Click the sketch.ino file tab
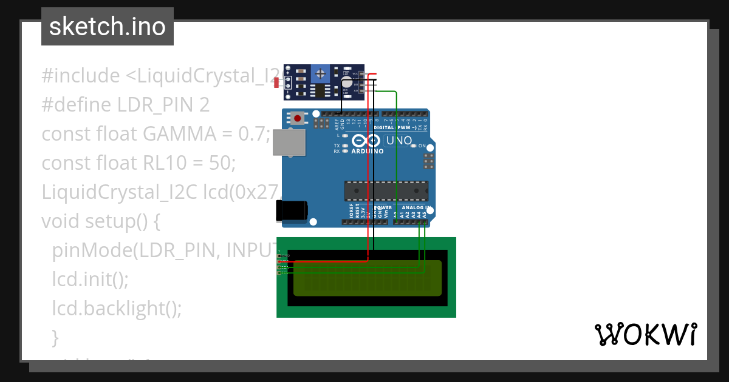(x=108, y=27)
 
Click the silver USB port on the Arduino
(x=288, y=142)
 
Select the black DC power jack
(x=291, y=210)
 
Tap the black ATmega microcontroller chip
(x=386, y=190)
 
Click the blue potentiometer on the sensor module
(x=320, y=75)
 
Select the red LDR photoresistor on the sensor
(x=276, y=82)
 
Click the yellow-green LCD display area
(x=368, y=278)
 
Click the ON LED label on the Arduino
(x=422, y=146)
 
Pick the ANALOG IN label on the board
(x=415, y=208)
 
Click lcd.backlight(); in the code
(x=117, y=309)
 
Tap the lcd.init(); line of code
(x=91, y=280)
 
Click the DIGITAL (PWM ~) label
(x=395, y=128)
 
